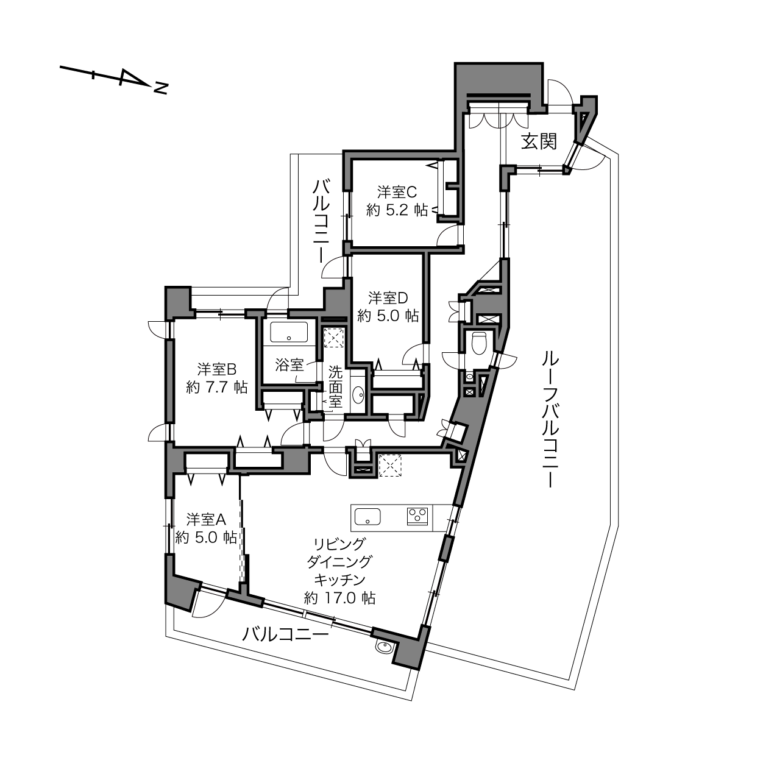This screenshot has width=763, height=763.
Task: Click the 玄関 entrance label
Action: pos(539,141)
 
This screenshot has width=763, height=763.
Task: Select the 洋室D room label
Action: pos(388,297)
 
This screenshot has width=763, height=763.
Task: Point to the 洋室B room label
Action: pos(217,369)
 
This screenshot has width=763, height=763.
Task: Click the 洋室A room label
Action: pos(206,519)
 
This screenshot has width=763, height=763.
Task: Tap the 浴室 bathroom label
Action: pos(289,364)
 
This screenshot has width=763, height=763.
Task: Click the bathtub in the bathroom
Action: pos(289,332)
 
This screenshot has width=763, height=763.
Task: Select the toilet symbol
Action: pos(479,342)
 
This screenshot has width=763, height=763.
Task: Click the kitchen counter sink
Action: pos(367,516)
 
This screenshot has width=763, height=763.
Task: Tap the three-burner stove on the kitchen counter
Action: pos(417,516)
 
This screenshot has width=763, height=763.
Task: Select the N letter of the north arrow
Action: pos(161,88)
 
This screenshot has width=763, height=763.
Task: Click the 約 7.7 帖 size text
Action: pos(217,387)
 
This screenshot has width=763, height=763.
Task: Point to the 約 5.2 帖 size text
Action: pos(397,210)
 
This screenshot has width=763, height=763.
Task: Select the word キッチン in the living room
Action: pos(339,580)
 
